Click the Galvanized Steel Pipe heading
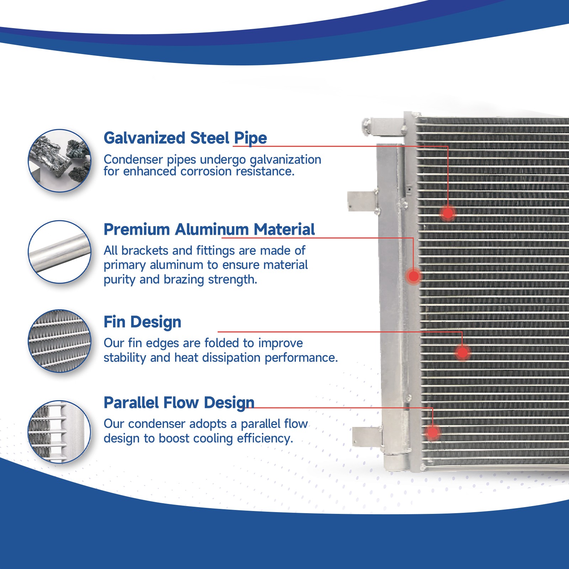[x=185, y=138]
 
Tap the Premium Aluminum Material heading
[x=209, y=229]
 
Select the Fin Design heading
[x=142, y=322]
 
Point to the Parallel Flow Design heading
[x=179, y=403]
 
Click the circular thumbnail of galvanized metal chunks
[x=60, y=161]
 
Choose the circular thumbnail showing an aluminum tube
[x=60, y=252]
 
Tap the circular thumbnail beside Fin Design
[x=60, y=341]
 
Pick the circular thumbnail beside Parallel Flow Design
[x=60, y=432]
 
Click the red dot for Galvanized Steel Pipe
[x=448, y=213]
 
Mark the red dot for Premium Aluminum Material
[x=414, y=276]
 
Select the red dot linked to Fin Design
[x=462, y=352]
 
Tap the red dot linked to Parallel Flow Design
[x=432, y=432]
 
